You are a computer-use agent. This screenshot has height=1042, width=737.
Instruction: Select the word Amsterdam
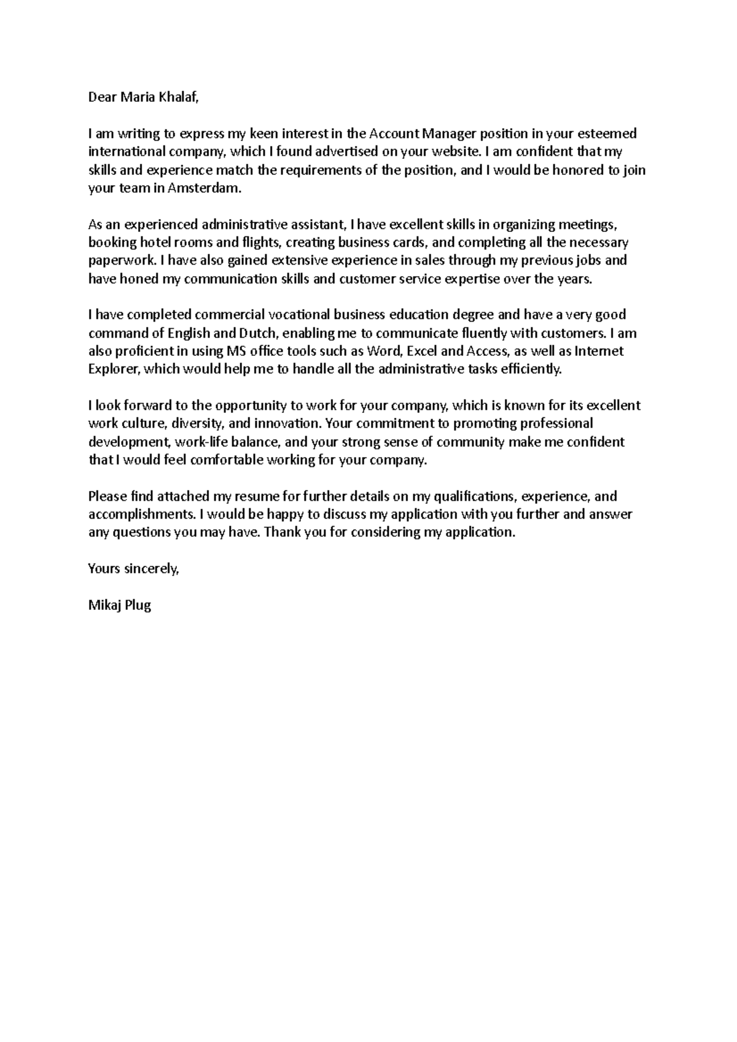pos(208,188)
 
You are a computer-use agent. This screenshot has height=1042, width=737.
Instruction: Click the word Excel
pos(422,351)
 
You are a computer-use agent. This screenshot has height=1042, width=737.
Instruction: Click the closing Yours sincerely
pos(133,569)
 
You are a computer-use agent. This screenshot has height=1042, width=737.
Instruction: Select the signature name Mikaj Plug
pos(119,606)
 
